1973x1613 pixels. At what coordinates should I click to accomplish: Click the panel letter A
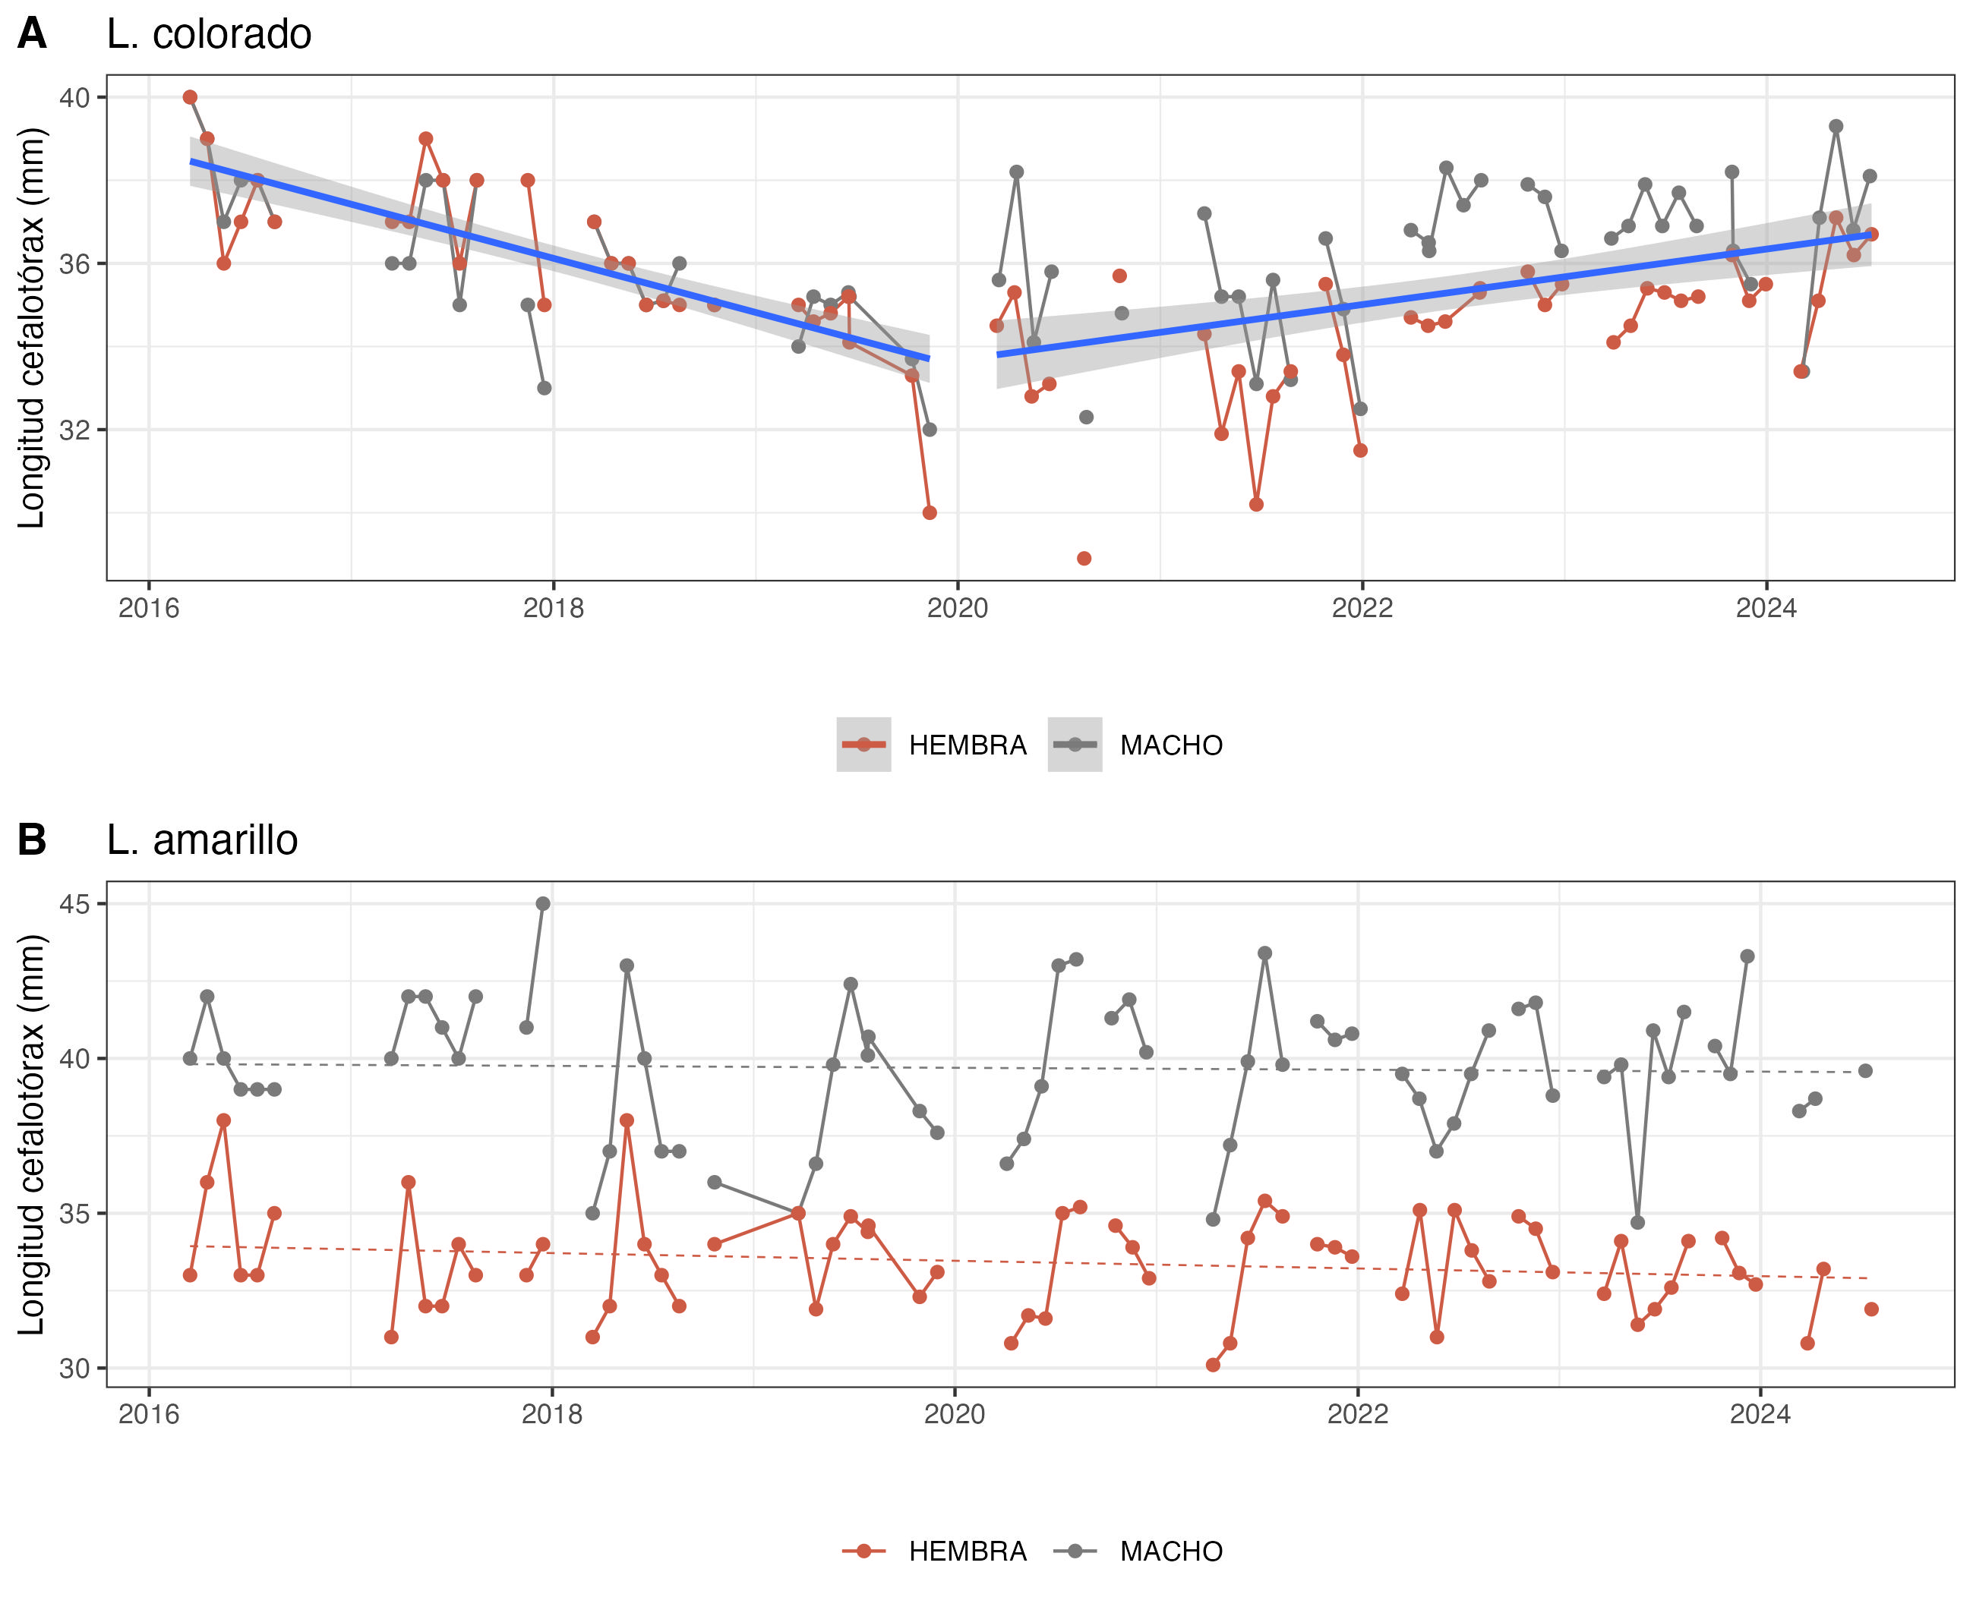pos(32,34)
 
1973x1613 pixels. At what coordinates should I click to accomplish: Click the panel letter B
pos(32,840)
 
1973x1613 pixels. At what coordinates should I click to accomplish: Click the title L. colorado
pos(208,34)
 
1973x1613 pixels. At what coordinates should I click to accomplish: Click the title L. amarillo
pos(202,840)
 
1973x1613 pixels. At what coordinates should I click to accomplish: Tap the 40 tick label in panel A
pos(74,98)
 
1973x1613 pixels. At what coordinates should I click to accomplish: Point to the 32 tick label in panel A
pos(74,430)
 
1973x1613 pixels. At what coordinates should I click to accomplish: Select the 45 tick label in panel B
pos(74,904)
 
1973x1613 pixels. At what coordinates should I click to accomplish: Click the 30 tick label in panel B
pos(74,1369)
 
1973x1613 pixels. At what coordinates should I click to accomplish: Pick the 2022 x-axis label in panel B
pos(1358,1414)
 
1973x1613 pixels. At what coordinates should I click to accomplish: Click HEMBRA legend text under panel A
pos(968,745)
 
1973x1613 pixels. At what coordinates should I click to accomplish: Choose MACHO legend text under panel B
pos(1171,1552)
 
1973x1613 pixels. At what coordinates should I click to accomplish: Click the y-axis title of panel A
pos(32,328)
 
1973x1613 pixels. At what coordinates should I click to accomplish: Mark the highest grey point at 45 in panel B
pos(543,904)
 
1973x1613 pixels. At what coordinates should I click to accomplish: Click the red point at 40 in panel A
pos(190,98)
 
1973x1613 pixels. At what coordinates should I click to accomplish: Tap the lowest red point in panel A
pos(1084,559)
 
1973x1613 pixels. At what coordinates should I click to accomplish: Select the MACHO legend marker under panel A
pos(1075,745)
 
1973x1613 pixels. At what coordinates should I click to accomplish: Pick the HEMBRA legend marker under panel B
pos(864,1552)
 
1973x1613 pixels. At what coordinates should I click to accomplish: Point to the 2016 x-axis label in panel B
pos(149,1414)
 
